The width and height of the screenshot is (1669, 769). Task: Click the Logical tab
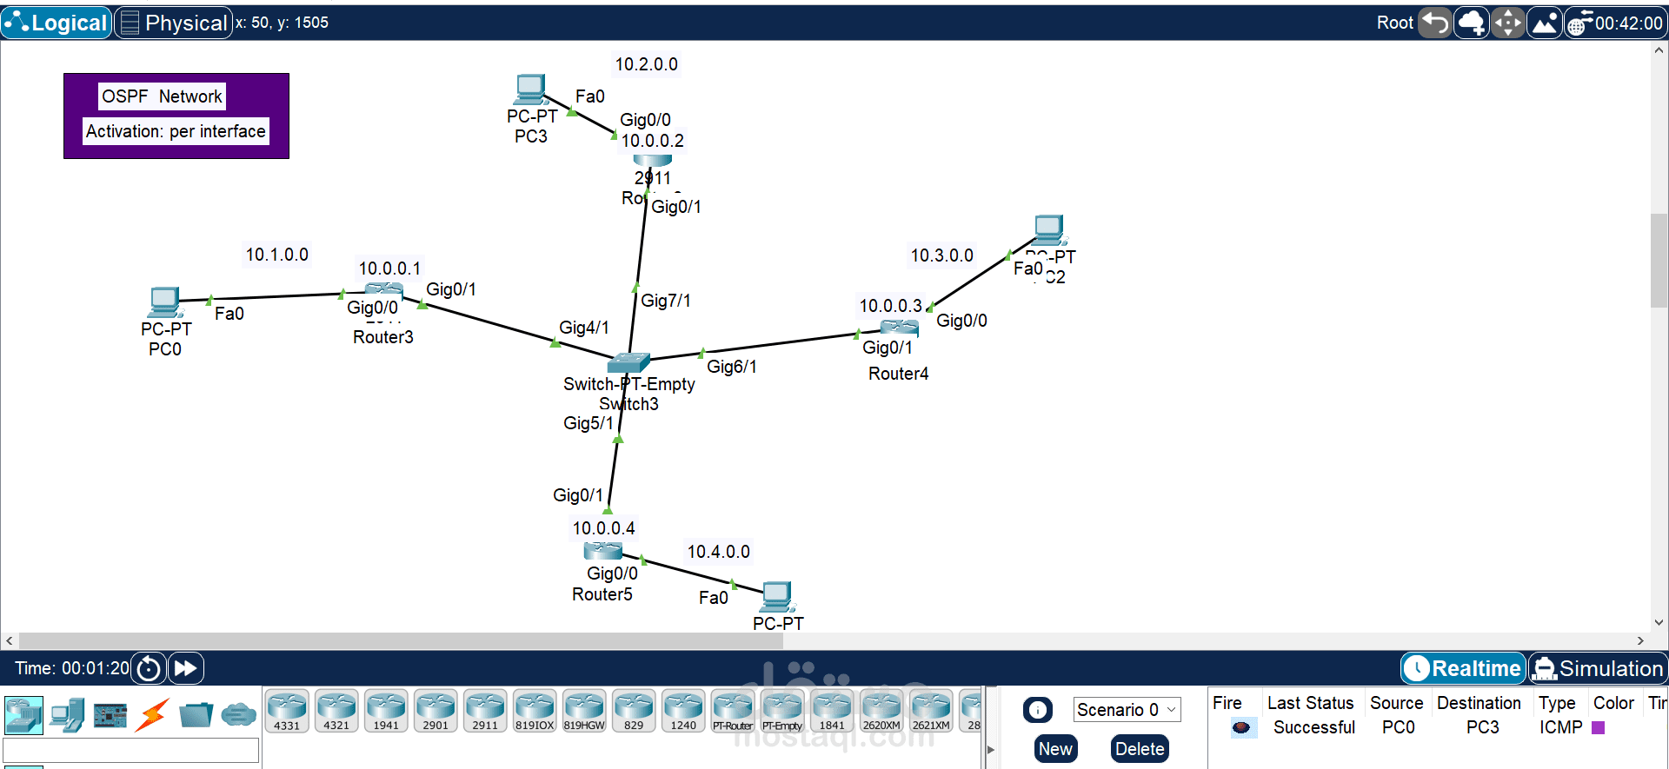[x=57, y=23]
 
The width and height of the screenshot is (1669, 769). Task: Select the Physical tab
[x=174, y=23]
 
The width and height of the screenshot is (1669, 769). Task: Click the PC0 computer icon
[x=163, y=302]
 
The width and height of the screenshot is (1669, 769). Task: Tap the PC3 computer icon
[x=530, y=89]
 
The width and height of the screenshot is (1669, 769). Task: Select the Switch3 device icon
[x=629, y=362]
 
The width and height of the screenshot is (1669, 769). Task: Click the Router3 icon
[x=383, y=290]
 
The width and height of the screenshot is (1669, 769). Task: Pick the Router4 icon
[x=899, y=328]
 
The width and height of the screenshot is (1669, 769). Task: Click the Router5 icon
[x=602, y=551]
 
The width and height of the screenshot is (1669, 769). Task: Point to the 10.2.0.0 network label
[x=646, y=64]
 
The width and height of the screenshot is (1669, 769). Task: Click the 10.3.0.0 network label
[x=941, y=255]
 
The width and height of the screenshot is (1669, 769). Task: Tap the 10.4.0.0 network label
[x=718, y=552]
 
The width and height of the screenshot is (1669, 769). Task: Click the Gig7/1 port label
[x=665, y=301]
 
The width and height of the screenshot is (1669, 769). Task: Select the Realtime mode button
[x=1464, y=668]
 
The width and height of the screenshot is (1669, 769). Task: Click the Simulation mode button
[x=1599, y=668]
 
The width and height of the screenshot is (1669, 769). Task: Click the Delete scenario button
[x=1139, y=749]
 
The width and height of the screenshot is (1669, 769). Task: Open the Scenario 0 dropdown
[x=1127, y=710]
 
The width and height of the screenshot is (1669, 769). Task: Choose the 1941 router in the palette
[x=386, y=711]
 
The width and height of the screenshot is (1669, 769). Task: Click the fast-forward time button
[x=185, y=668]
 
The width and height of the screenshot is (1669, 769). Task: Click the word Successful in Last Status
[x=1313, y=727]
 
